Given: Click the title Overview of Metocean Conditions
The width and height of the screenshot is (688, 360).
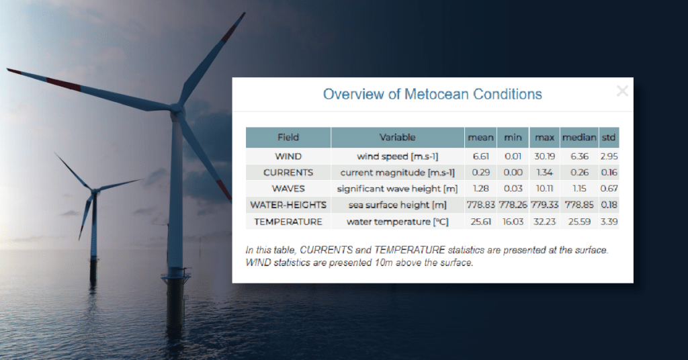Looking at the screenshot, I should pyautogui.click(x=432, y=94).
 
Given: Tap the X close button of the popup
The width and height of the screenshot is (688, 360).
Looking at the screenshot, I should pyautogui.click(x=622, y=91).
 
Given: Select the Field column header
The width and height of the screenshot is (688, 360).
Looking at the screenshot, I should pyautogui.click(x=288, y=138).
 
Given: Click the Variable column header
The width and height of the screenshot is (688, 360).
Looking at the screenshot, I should pyautogui.click(x=397, y=138).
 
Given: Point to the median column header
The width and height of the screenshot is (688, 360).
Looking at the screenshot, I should pyautogui.click(x=578, y=138).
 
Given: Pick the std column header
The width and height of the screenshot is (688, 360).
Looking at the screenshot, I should pyautogui.click(x=609, y=138).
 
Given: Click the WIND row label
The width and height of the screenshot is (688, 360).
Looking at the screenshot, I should pyautogui.click(x=288, y=156).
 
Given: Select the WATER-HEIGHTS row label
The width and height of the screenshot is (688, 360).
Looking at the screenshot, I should pyautogui.click(x=288, y=205).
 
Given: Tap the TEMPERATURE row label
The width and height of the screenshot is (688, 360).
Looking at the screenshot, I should pyautogui.click(x=288, y=221).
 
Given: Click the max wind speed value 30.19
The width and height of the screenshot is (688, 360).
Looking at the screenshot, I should pyautogui.click(x=544, y=156).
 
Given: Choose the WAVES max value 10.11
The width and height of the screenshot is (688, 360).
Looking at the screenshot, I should pyautogui.click(x=544, y=189).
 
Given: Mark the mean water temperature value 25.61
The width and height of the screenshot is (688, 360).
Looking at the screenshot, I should pyautogui.click(x=480, y=221).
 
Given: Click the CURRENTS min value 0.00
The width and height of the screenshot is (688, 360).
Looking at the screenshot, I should pyautogui.click(x=513, y=172).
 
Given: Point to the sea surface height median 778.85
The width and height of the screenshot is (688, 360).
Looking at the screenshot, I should pyautogui.click(x=578, y=205).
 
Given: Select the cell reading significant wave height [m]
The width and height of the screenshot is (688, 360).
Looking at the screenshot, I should pyautogui.click(x=397, y=189).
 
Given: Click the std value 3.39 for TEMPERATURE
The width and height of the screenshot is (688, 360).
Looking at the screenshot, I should pyautogui.click(x=609, y=221).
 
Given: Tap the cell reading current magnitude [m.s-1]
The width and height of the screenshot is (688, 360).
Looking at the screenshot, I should pyautogui.click(x=397, y=172).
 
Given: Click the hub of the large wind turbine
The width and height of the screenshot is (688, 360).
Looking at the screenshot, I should pyautogui.click(x=176, y=109).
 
